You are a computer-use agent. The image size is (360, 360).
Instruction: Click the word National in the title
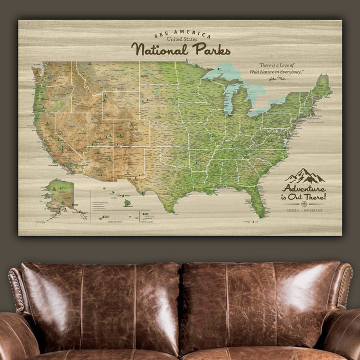[158, 50]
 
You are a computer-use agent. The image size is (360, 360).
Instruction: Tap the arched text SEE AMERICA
[179, 32]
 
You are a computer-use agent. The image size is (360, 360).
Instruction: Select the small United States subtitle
[179, 39]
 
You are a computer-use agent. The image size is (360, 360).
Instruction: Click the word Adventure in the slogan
[305, 188]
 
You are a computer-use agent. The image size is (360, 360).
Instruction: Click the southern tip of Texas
[170, 209]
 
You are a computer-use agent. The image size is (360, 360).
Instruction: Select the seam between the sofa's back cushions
[181, 305]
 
